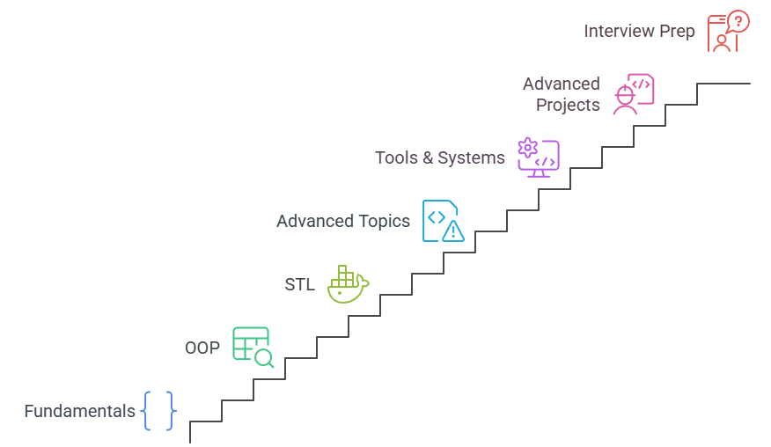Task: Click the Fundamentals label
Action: (79, 411)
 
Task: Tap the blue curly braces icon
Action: (159, 411)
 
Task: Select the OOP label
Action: (202, 348)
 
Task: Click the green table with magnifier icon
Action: (252, 346)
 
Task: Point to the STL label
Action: (299, 284)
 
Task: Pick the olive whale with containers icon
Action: (347, 284)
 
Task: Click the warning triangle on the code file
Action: (452, 231)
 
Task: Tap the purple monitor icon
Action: (539, 158)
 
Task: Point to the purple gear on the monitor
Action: (528, 147)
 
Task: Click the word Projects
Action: (569, 105)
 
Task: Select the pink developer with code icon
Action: (634, 93)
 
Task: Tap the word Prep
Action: (678, 31)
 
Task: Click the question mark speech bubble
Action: (738, 21)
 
